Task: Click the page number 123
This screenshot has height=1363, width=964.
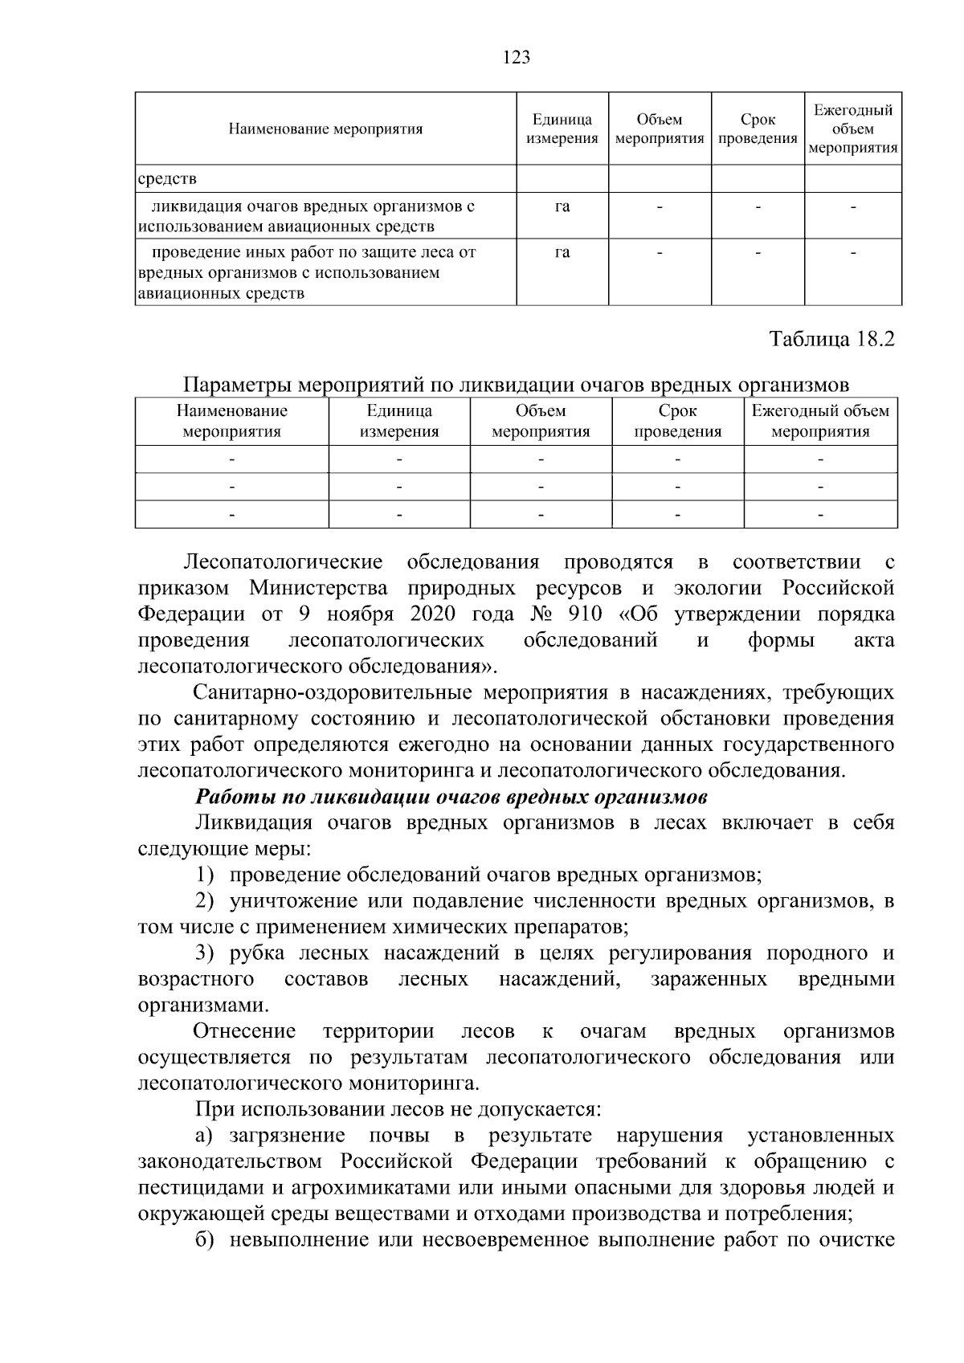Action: [517, 57]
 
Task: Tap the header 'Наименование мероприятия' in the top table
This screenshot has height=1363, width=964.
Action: [325, 129]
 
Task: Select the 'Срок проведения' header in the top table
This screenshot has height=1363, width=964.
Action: [758, 129]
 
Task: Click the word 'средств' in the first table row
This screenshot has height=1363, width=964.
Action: [167, 178]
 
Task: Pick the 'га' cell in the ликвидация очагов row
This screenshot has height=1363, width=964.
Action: [562, 206]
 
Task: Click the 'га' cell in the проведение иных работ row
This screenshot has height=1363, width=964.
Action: [562, 252]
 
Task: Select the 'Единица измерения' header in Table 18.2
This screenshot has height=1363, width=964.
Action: [399, 421]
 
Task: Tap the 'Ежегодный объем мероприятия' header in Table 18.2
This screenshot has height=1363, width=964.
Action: [820, 421]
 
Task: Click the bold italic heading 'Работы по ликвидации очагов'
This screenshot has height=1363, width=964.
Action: [451, 798]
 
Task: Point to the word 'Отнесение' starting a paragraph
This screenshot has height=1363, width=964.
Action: [245, 1031]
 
